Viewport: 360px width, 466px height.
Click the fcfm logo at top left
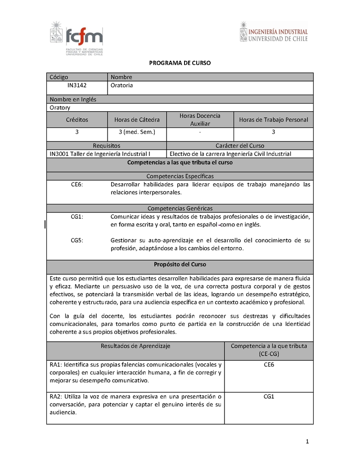76,38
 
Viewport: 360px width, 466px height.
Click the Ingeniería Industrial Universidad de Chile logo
274,32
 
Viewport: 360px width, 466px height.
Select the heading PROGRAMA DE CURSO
180,63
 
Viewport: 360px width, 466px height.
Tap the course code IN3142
77,85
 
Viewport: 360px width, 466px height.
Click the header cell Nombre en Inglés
73,99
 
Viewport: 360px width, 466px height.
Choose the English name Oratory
60,108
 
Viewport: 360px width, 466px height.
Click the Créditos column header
77,120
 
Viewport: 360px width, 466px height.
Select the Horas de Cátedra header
137,120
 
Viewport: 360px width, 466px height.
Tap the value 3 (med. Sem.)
137,132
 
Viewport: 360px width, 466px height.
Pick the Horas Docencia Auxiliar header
200,120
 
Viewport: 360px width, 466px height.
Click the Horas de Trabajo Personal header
273,120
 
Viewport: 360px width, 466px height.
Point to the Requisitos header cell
106,146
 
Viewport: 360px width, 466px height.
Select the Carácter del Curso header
240,146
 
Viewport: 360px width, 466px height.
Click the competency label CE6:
77,185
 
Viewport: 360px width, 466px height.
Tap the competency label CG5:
77,240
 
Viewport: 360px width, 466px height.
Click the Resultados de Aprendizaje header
135,346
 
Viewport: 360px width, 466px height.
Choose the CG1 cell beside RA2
269,397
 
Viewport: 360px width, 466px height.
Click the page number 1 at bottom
307,442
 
